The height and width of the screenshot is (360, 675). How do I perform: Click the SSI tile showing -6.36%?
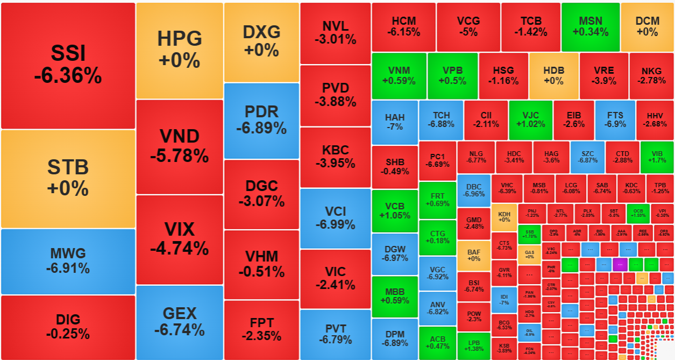[68, 65]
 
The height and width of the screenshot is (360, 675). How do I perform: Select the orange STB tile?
[68, 178]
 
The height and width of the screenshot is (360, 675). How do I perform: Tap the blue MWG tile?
[68, 261]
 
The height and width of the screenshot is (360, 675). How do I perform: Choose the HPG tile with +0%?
[179, 50]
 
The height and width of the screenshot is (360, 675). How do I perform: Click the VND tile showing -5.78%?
[179, 146]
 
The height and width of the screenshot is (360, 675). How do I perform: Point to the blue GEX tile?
[179, 321]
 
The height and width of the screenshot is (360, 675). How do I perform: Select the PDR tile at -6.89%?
[261, 120]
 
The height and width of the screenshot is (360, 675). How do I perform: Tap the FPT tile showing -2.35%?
[261, 329]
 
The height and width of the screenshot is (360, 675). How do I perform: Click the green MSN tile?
[590, 26]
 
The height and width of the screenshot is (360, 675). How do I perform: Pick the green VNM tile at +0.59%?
[399, 75]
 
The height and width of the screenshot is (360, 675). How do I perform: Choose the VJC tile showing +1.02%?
[530, 119]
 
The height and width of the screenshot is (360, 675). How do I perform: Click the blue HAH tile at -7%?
[394, 122]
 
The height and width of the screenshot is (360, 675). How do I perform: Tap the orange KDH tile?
[504, 217]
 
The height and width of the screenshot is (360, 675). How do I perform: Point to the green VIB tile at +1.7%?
[656, 157]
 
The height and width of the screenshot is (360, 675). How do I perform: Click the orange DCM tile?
[647, 26]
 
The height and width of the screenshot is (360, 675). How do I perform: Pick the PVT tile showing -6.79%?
[335, 334]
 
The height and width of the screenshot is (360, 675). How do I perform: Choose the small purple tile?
[620, 264]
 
